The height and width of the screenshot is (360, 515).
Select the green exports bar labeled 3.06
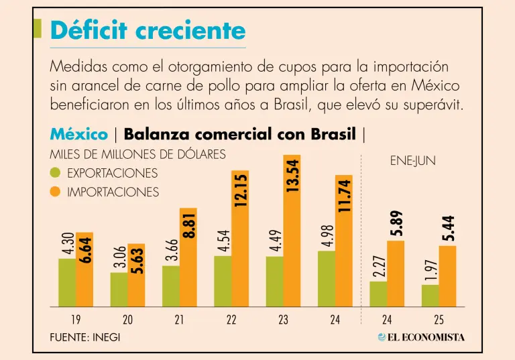coord(119,289)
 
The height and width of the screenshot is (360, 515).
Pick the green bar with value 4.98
coord(327,278)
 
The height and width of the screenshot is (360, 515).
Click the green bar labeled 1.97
coord(431,295)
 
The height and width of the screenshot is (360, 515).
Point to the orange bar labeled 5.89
coord(396,273)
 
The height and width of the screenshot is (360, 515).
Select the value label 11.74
coord(344,195)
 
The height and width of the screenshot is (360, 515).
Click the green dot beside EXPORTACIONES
coord(56,174)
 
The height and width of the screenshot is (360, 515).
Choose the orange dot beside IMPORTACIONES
coord(56,192)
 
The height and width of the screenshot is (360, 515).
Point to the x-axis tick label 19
coord(76,320)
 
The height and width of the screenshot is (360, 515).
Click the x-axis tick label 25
coord(439,320)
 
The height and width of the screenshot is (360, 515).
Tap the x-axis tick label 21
coord(179,320)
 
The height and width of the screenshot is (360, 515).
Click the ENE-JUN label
coord(412,162)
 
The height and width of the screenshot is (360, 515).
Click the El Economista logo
coord(420,337)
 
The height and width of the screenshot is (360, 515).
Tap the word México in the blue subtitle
coord(78,134)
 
